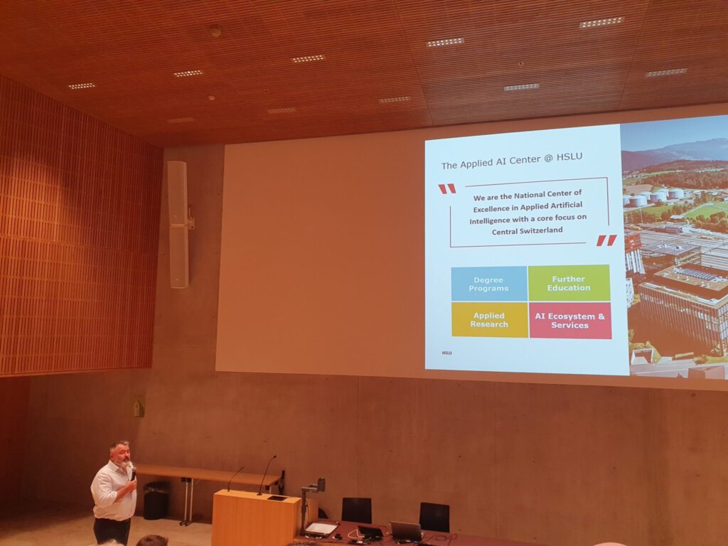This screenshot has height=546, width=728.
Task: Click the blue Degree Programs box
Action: (x=489, y=284)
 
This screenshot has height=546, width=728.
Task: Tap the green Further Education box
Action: (x=569, y=283)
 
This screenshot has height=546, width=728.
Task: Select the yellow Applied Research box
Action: (x=489, y=320)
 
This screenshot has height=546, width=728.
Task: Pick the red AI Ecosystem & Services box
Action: (x=570, y=321)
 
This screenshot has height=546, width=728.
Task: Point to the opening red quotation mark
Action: (x=447, y=188)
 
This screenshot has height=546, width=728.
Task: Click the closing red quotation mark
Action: (x=606, y=240)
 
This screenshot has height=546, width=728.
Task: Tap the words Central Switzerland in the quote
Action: (x=528, y=230)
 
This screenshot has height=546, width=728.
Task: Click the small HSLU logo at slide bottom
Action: (x=446, y=353)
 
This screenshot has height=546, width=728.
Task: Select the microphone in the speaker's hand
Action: (x=133, y=473)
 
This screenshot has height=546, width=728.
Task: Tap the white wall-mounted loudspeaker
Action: (x=178, y=224)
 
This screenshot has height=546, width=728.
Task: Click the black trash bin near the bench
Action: (x=156, y=500)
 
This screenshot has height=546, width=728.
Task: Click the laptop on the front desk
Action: (x=406, y=531)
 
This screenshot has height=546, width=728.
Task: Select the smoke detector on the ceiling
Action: (x=215, y=33)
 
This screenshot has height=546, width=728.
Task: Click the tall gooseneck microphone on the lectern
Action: (x=267, y=474)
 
